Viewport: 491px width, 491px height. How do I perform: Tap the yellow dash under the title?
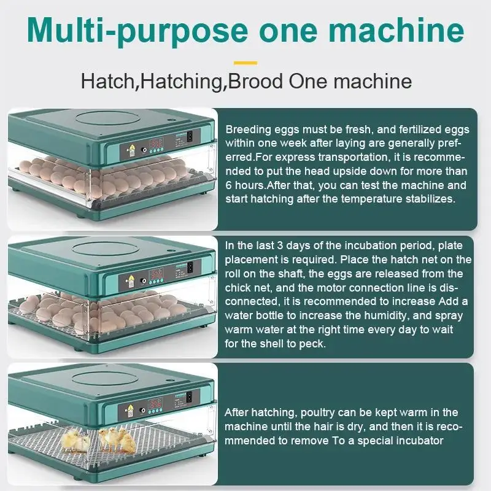click(x=245, y=62)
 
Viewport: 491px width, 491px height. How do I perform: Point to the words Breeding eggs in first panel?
click(x=256, y=130)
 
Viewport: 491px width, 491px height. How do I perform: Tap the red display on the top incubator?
click(x=155, y=139)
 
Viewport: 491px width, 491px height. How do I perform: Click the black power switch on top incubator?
click(x=190, y=136)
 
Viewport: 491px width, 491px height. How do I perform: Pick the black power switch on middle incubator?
click(x=190, y=267)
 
